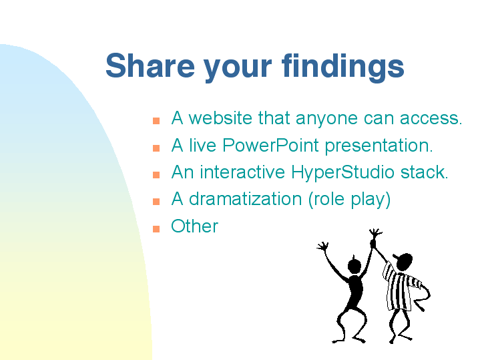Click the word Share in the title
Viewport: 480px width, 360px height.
pos(150,65)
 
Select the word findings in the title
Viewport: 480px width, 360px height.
pos(343,67)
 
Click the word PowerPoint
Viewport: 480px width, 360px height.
pos(270,145)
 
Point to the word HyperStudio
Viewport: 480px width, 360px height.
pos(342,173)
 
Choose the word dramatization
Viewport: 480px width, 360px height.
pos(245,198)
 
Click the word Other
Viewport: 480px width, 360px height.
pos(195,226)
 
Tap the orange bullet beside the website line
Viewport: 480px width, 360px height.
pos(156,121)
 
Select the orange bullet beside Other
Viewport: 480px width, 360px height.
pos(156,229)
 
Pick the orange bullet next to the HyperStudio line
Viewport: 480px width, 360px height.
pos(156,174)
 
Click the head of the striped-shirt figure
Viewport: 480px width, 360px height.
pos(404,261)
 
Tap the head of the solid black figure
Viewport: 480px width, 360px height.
pos(354,265)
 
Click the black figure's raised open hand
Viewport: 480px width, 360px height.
pos(322,246)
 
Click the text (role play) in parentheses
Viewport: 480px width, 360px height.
pos(349,200)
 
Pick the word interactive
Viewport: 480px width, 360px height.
pos(242,172)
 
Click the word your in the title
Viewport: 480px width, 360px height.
pos(238,69)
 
